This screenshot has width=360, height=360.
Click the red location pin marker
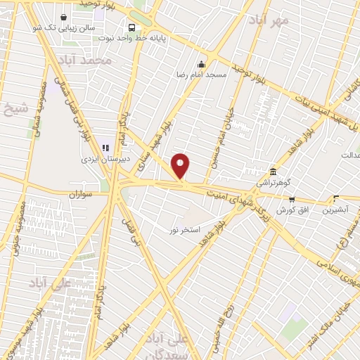pyautogui.click(x=181, y=166)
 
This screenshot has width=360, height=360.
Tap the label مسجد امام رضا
pyautogui.click(x=205, y=73)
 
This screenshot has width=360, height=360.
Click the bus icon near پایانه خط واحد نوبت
pyautogui.click(x=132, y=27)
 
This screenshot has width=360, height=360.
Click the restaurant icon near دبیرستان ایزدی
pyautogui.click(x=106, y=148)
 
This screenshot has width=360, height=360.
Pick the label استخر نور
pyautogui.click(x=185, y=230)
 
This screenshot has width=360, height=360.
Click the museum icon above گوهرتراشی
pyautogui.click(x=274, y=172)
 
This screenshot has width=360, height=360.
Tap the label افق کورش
pyautogui.click(x=288, y=210)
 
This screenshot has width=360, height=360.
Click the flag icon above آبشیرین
pyautogui.click(x=335, y=198)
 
